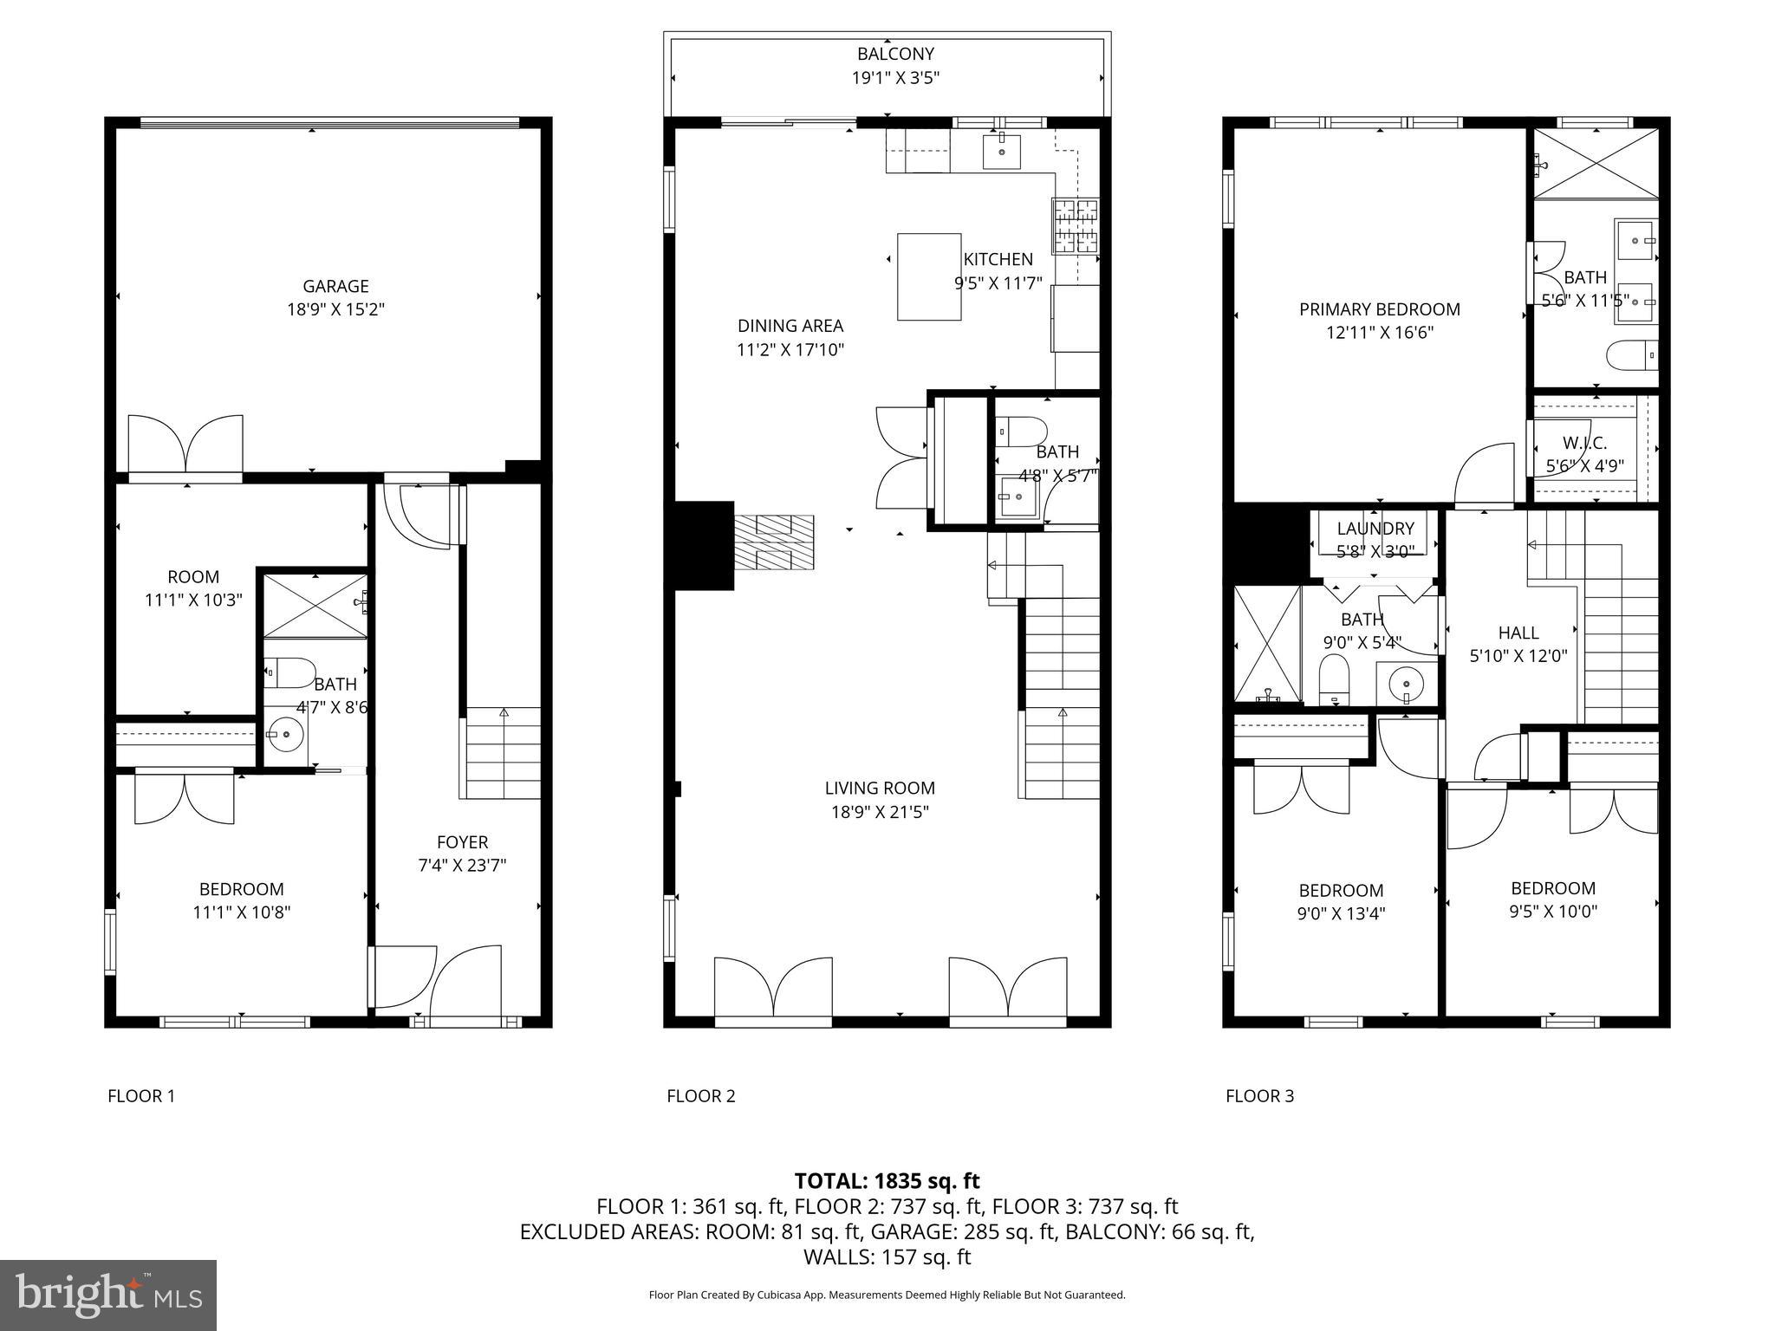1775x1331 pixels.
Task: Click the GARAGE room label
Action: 335,286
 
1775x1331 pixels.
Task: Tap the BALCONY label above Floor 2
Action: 895,54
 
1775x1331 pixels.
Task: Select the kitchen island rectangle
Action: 928,276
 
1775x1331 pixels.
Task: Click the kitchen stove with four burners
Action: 1075,225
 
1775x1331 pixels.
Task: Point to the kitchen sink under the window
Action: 1001,152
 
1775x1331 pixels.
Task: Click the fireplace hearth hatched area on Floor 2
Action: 774,542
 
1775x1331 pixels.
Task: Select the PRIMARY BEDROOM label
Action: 1379,309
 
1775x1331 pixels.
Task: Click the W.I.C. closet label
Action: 1584,443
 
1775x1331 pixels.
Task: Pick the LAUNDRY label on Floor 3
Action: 1375,529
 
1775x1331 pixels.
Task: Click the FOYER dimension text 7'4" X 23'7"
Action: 462,865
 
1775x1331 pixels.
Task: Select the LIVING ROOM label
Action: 879,788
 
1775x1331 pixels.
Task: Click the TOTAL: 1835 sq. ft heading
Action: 887,1180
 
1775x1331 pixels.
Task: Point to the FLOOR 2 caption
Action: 700,1095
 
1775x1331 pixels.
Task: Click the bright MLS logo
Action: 108,1295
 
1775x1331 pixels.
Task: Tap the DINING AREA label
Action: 790,326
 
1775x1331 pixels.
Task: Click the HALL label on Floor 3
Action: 1518,633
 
